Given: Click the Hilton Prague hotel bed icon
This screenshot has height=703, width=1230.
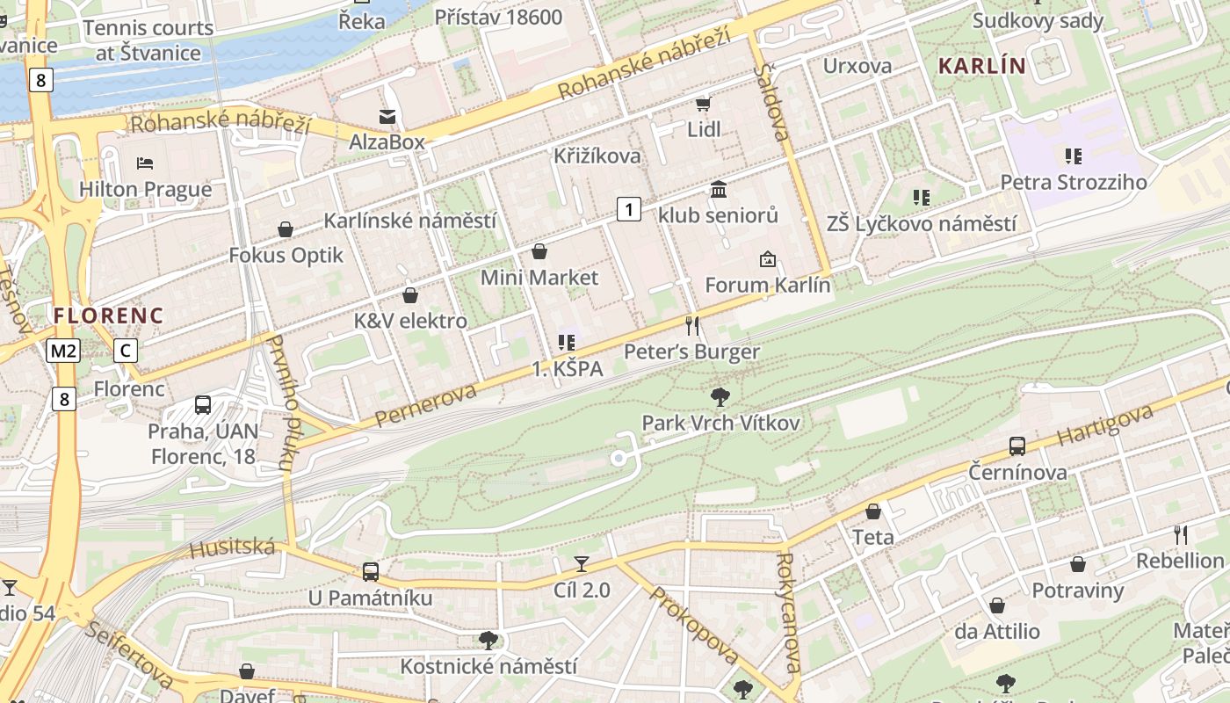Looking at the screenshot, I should pyautogui.click(x=145, y=163).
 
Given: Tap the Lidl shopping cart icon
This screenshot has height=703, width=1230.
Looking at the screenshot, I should pyautogui.click(x=703, y=105).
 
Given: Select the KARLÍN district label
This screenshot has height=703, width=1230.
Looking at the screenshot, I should pyautogui.click(x=981, y=66).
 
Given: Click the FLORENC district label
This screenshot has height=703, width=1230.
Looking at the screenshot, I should pyautogui.click(x=108, y=315).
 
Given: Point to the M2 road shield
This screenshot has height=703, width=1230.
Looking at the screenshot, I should pyautogui.click(x=63, y=351).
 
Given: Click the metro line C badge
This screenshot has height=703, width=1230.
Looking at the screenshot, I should pyautogui.click(x=126, y=351).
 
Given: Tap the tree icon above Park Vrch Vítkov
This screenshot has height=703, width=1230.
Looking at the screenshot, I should pyautogui.click(x=720, y=396).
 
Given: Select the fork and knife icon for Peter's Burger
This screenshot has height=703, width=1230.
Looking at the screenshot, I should pyautogui.click(x=692, y=326).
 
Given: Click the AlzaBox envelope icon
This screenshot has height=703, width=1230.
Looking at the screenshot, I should pyautogui.click(x=387, y=116).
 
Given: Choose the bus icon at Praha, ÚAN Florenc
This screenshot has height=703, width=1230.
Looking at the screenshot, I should pyautogui.click(x=203, y=405).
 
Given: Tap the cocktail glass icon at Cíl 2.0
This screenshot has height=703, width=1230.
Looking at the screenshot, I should pyautogui.click(x=582, y=563).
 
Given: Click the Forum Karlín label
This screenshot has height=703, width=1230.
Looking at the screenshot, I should pyautogui.click(x=767, y=286).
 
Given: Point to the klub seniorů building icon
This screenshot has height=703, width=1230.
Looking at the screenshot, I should pyautogui.click(x=719, y=189).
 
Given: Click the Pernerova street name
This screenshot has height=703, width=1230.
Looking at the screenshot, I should pyautogui.click(x=426, y=405).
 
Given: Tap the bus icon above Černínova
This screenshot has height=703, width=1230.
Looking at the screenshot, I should pyautogui.click(x=1017, y=446).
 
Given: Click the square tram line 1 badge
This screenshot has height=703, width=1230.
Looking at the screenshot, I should pyautogui.click(x=628, y=209).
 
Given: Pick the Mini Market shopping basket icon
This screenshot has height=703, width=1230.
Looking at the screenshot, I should pyautogui.click(x=539, y=252).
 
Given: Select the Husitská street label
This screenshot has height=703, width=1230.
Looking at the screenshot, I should pyautogui.click(x=233, y=549).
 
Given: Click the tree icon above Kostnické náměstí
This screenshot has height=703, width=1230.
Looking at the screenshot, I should pyautogui.click(x=488, y=640).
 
